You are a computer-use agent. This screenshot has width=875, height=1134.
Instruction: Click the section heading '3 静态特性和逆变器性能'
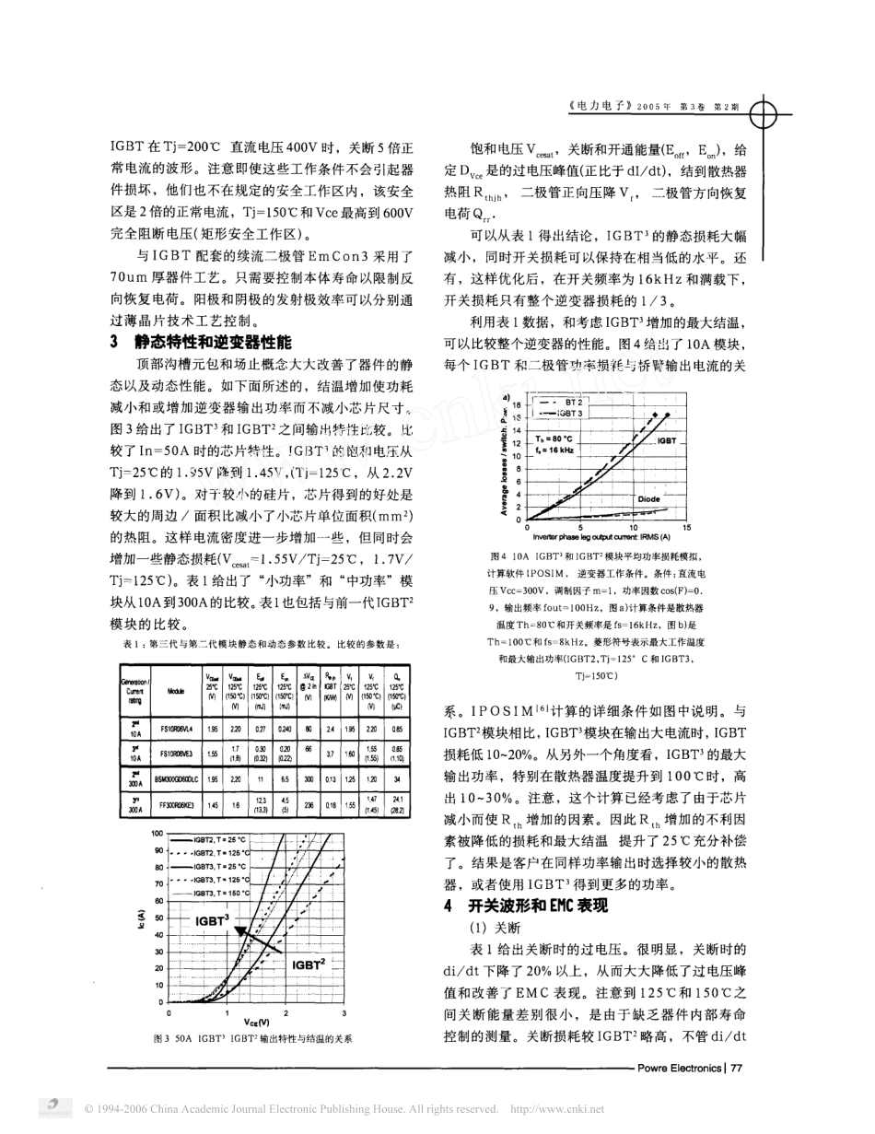pyautogui.click(x=199, y=341)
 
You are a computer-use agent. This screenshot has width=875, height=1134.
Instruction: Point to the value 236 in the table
pyautogui.click(x=309, y=805)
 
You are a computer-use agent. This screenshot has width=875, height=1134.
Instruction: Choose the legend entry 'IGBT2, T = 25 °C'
pyautogui.click(x=221, y=840)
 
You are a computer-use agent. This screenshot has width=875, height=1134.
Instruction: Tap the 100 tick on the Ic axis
pyautogui.click(x=157, y=833)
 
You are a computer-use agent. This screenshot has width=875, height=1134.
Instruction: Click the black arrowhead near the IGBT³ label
pyautogui.click(x=241, y=931)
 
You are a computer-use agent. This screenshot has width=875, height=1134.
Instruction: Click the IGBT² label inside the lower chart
pyautogui.click(x=309, y=964)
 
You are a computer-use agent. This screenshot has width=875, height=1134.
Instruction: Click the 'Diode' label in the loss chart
pyautogui.click(x=648, y=497)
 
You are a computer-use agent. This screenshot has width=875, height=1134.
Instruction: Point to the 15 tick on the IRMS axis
pyautogui.click(x=687, y=527)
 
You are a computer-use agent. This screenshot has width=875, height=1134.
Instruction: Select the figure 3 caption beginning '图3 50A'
pyautogui.click(x=252, y=1038)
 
